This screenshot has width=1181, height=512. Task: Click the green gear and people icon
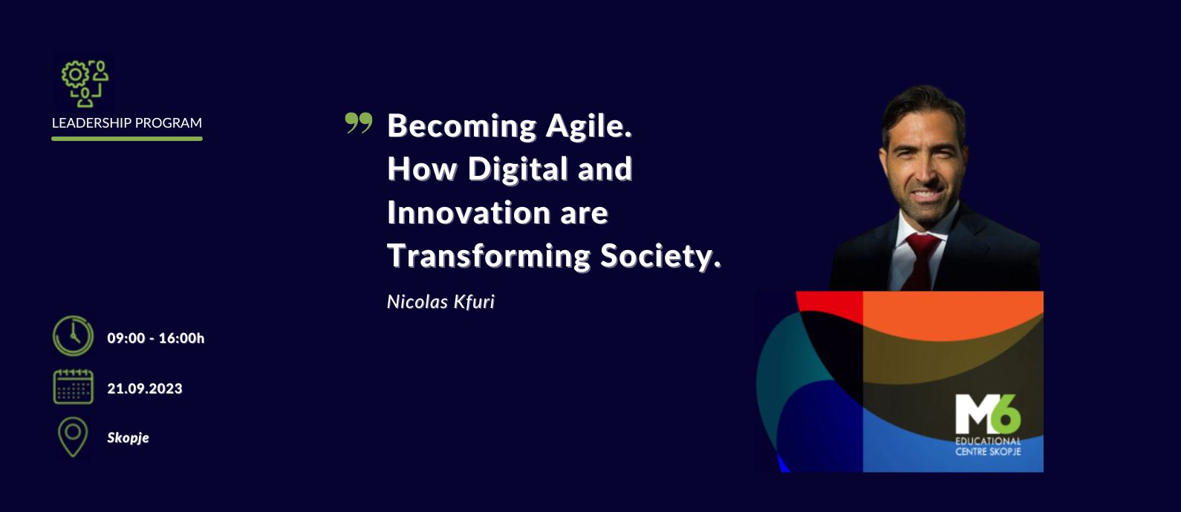(x=85, y=83)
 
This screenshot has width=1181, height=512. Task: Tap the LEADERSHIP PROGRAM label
(x=126, y=122)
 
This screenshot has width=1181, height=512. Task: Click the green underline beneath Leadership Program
(x=126, y=139)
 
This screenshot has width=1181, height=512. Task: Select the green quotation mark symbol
(x=359, y=123)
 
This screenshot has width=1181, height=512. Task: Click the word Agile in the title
(x=588, y=127)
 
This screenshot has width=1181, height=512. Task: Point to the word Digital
(x=517, y=168)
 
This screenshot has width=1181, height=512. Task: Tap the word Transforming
(x=489, y=257)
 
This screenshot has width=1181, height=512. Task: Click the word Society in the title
(x=660, y=257)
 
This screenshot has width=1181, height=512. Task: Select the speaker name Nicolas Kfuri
(x=440, y=302)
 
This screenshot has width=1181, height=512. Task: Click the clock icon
(x=73, y=336)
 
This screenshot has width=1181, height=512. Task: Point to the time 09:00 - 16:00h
(x=155, y=338)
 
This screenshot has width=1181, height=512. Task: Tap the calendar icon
(x=74, y=387)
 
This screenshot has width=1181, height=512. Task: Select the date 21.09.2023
(x=144, y=389)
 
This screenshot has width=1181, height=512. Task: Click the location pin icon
(x=73, y=436)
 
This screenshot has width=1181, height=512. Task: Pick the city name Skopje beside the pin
(x=128, y=439)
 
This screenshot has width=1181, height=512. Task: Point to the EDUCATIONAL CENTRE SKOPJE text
(x=988, y=446)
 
